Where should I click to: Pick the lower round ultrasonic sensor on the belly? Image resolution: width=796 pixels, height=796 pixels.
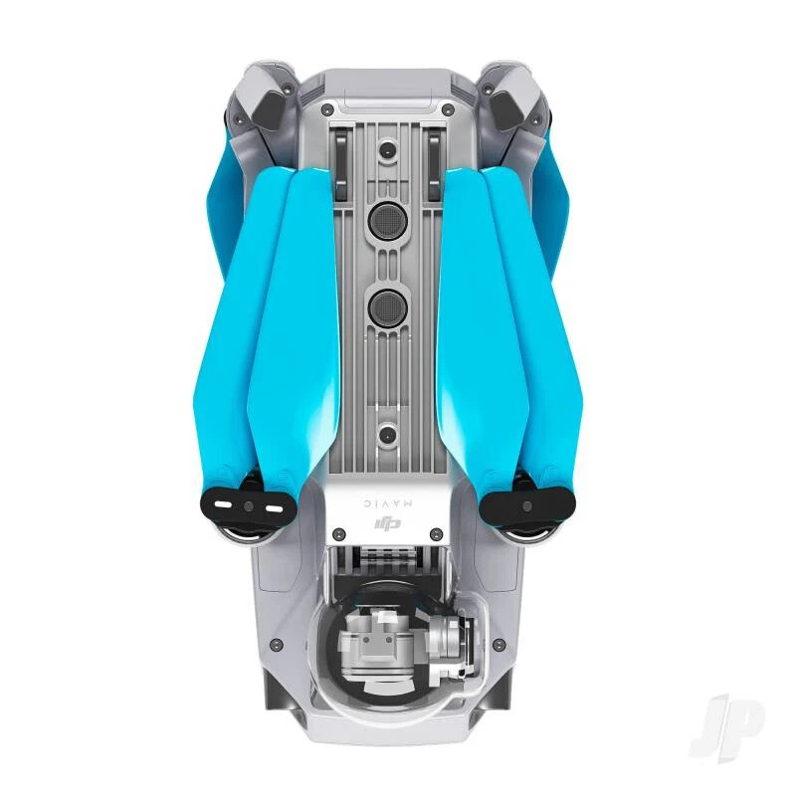(387, 307)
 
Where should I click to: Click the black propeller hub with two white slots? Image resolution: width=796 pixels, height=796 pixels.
(246, 503)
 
